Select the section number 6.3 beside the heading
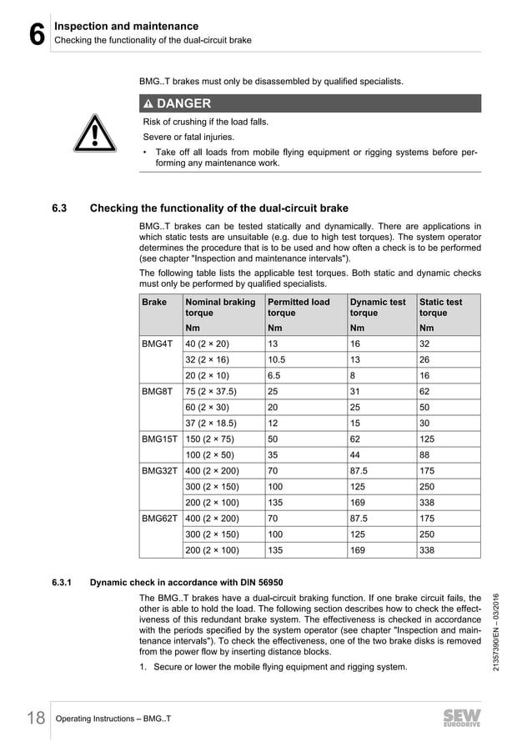tap(63, 208)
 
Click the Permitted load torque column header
tap(298, 307)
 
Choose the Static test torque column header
tap(440, 307)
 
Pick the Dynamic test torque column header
tap(378, 307)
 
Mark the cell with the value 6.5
tap(275, 375)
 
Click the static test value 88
tap(425, 454)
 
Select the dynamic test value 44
tap(356, 454)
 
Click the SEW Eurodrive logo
tap(464, 719)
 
